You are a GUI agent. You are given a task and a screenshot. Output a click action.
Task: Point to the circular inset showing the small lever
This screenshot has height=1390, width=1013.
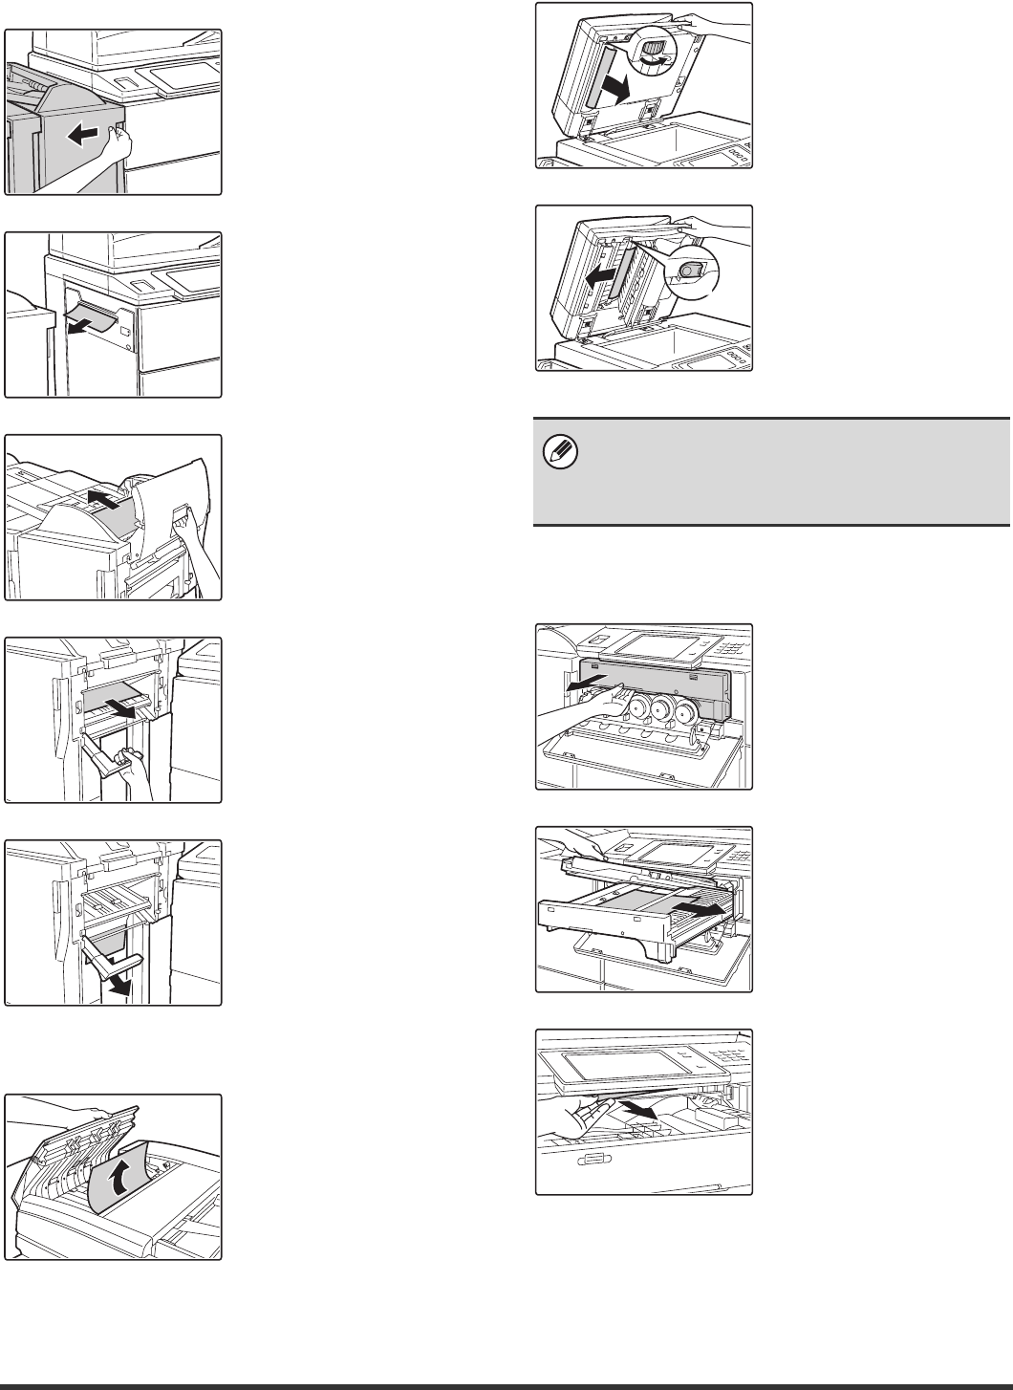(x=692, y=273)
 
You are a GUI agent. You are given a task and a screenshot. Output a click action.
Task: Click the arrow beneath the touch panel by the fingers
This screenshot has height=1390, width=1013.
(x=639, y=1108)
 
